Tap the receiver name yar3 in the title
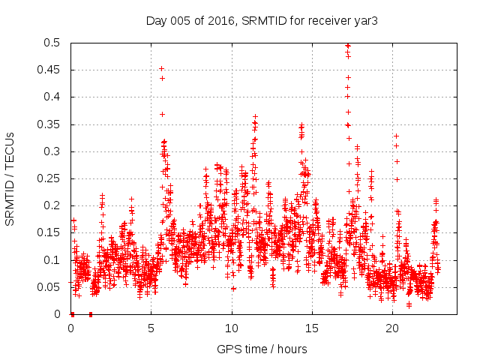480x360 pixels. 365,21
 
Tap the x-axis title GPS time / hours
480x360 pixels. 262,349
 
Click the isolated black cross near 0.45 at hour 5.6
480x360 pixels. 161,69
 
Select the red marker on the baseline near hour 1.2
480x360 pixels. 90,313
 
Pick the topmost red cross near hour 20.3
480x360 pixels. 396,136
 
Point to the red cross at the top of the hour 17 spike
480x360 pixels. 347,46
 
